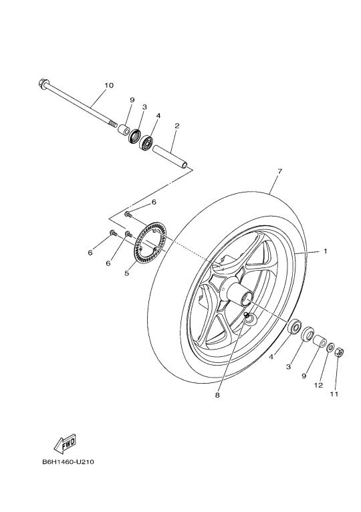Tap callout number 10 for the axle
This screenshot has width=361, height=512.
[109, 86]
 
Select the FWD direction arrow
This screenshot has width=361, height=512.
[65, 443]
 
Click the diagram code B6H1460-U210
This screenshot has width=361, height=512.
[68, 462]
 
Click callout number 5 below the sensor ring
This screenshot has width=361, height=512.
[127, 273]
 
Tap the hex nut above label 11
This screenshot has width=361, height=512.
[340, 352]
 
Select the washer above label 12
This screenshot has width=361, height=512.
[330, 348]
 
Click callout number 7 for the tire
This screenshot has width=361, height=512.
[279, 170]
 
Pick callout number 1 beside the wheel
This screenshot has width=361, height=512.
[326, 251]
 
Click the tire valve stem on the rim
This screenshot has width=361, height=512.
[246, 314]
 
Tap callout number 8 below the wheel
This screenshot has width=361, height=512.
[217, 395]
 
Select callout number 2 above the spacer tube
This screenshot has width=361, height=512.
[176, 126]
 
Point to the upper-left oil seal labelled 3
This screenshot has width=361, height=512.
[134, 136]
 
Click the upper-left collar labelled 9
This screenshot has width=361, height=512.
[123, 128]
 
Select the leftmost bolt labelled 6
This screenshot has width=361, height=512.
[114, 233]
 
